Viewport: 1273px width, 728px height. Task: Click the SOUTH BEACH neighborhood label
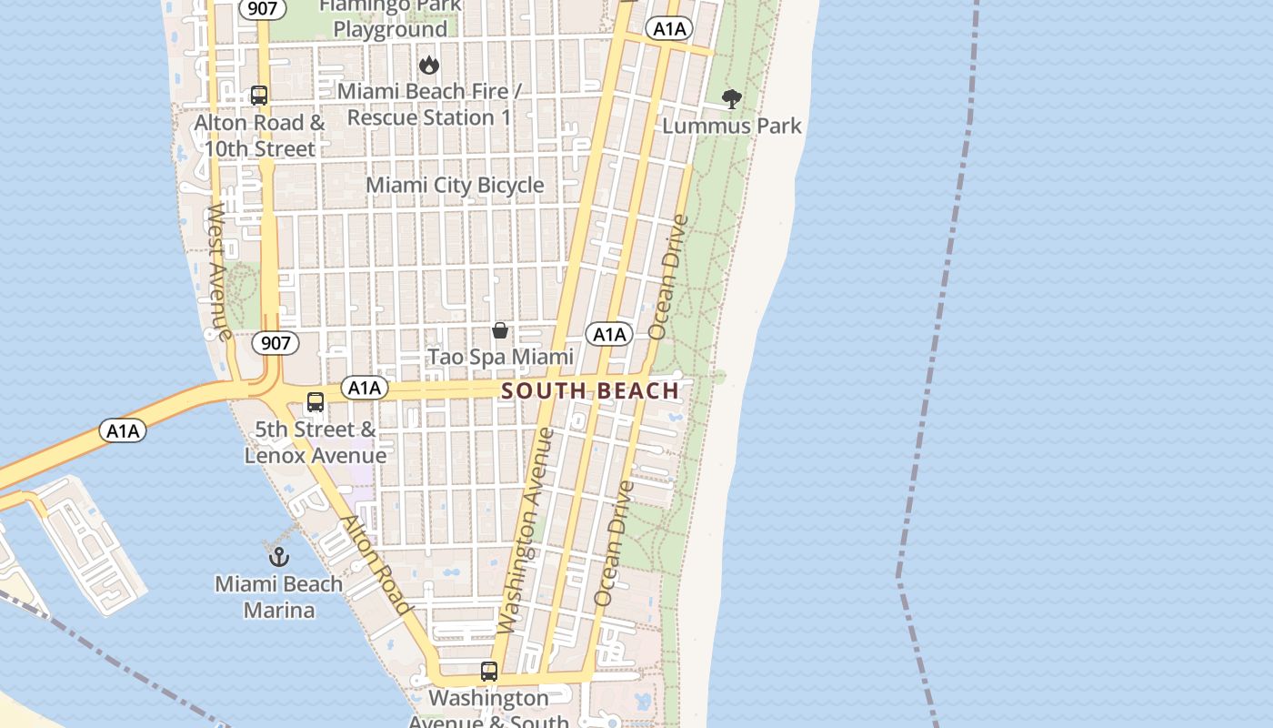pyautogui.click(x=590, y=391)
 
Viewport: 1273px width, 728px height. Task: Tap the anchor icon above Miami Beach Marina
pyautogui.click(x=279, y=556)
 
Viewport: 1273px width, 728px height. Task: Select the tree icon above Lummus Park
pyautogui.click(x=731, y=98)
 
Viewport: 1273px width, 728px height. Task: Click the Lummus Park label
pyautogui.click(x=732, y=126)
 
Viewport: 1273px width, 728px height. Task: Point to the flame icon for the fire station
pyautogui.click(x=429, y=65)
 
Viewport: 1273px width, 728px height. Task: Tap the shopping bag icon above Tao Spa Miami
pyautogui.click(x=500, y=330)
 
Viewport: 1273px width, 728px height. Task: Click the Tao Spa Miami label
pyautogui.click(x=500, y=357)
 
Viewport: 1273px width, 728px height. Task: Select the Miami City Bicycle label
pyautogui.click(x=455, y=186)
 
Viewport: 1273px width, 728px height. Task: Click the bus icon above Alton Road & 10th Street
pyautogui.click(x=259, y=96)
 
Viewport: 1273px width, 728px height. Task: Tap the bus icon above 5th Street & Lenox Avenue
pyautogui.click(x=316, y=401)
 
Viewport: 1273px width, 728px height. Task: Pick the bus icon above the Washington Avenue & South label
pyautogui.click(x=489, y=672)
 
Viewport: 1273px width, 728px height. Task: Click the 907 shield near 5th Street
pyautogui.click(x=275, y=343)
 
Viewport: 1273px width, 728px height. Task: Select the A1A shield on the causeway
pyautogui.click(x=122, y=430)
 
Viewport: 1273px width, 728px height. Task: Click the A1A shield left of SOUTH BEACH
pyautogui.click(x=365, y=389)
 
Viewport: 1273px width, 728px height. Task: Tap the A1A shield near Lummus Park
pyautogui.click(x=669, y=29)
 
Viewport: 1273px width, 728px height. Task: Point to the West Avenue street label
pyautogui.click(x=219, y=271)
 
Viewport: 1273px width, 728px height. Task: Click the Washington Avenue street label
pyautogui.click(x=526, y=531)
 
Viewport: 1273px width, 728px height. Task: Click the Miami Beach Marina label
pyautogui.click(x=279, y=597)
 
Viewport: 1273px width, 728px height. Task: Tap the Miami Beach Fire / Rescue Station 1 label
pyautogui.click(x=429, y=105)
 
